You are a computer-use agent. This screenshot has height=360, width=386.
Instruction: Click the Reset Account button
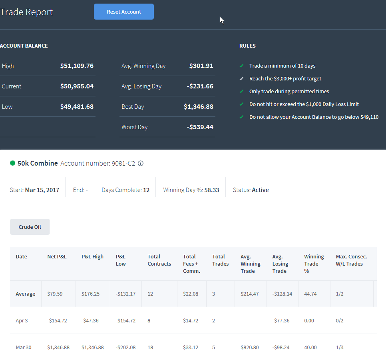pos(124,12)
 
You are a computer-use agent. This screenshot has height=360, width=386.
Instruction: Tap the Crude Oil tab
pos(30,227)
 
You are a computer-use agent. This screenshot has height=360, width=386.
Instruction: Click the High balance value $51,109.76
pos(77,66)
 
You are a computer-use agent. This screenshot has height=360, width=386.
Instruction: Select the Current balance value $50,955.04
pos(77,86)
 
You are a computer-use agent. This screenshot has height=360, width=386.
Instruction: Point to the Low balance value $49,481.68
pos(77,107)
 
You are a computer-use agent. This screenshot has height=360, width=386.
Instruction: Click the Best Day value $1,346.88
pos(199,107)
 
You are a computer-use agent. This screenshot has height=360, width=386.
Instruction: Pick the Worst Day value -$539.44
pos(200,127)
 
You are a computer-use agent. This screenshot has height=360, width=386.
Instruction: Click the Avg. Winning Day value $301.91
pos(201,66)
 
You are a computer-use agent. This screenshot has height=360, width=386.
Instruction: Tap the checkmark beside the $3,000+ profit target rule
pos(241,79)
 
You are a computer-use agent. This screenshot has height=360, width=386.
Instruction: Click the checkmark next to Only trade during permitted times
pos(241,92)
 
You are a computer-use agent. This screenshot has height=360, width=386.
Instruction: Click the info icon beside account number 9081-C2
pos(141,163)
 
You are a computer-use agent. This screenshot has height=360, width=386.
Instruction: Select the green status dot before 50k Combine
pos(12,163)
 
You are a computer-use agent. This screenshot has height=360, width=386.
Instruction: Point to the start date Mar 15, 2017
pos(42,190)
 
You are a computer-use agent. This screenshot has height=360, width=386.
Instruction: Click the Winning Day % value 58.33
pos(212,190)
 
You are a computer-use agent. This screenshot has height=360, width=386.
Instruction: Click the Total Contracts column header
pos(159,260)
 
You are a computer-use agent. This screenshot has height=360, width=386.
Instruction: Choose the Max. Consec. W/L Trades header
pos(351,260)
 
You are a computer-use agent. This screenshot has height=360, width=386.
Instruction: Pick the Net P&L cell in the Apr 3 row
pos(57,320)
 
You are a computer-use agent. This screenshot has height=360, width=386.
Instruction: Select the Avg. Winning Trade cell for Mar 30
pos(250,348)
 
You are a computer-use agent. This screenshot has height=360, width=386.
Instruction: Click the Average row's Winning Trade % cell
pos(310,294)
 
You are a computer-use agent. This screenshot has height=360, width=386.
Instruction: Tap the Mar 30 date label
pos(24,348)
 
